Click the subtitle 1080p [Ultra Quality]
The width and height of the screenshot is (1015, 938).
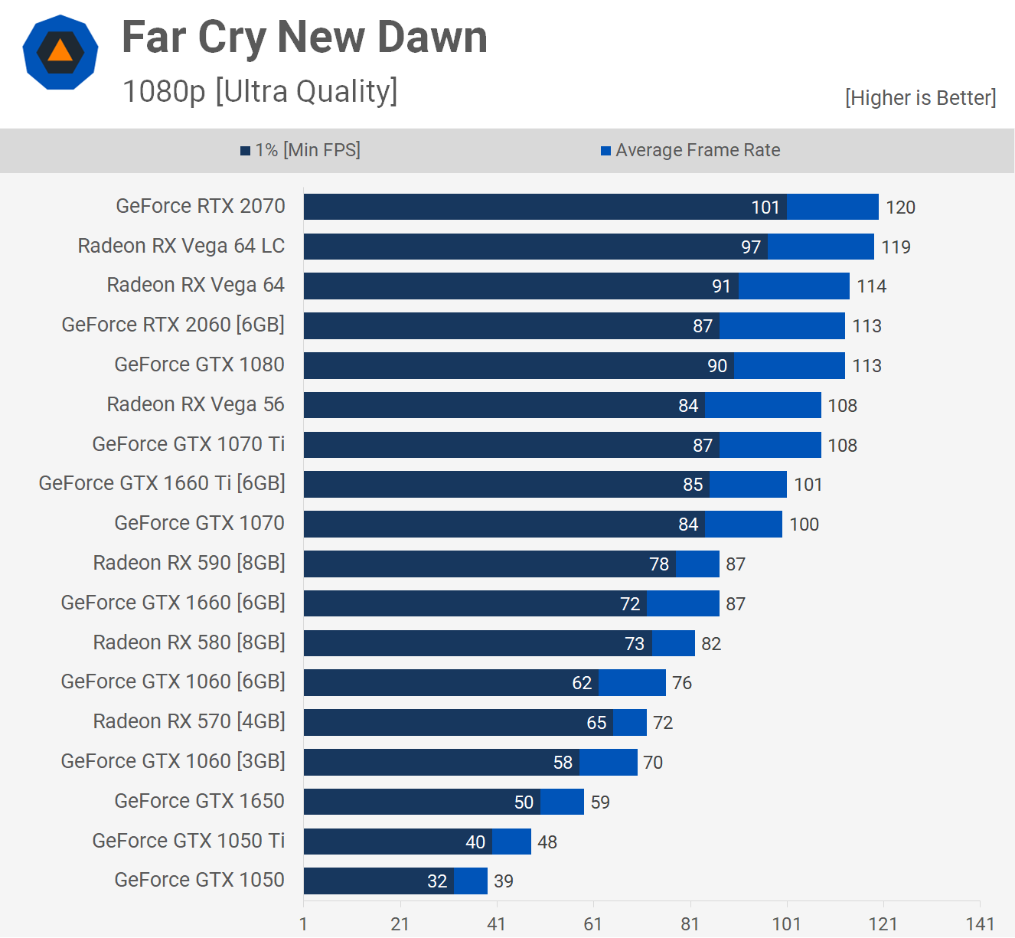pos(260,91)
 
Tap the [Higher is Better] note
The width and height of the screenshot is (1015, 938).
pos(920,98)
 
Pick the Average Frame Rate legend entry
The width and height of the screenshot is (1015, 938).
pos(690,150)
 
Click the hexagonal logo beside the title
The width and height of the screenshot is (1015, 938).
pos(60,52)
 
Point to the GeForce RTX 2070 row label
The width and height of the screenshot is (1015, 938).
pos(201,206)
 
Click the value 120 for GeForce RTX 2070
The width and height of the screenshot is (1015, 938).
pos(900,208)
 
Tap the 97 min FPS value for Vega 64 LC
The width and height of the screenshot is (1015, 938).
pos(750,247)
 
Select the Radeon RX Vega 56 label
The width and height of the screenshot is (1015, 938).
pos(195,404)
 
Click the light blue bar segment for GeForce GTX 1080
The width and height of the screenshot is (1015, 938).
pos(789,365)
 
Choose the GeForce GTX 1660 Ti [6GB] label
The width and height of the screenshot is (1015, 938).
pos(162,483)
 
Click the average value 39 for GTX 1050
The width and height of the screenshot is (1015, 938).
pos(504,881)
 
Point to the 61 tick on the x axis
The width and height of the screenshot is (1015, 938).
pos(593,923)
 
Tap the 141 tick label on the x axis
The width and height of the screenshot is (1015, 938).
pos(980,923)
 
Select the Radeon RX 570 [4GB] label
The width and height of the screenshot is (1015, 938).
pos(189,721)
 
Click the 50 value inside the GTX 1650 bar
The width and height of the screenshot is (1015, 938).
pos(524,802)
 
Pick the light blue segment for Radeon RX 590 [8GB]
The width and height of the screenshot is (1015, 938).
pos(697,564)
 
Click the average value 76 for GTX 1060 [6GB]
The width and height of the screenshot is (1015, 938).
pos(682,683)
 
